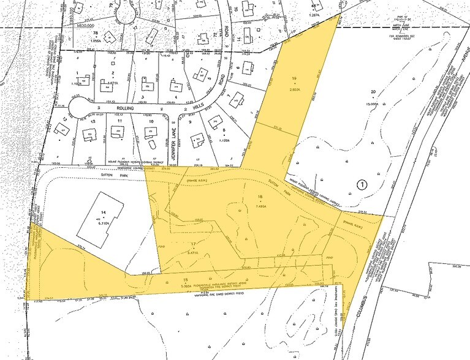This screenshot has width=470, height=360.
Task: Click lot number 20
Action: click(372, 92)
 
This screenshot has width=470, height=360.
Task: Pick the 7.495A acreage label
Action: click(262, 206)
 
